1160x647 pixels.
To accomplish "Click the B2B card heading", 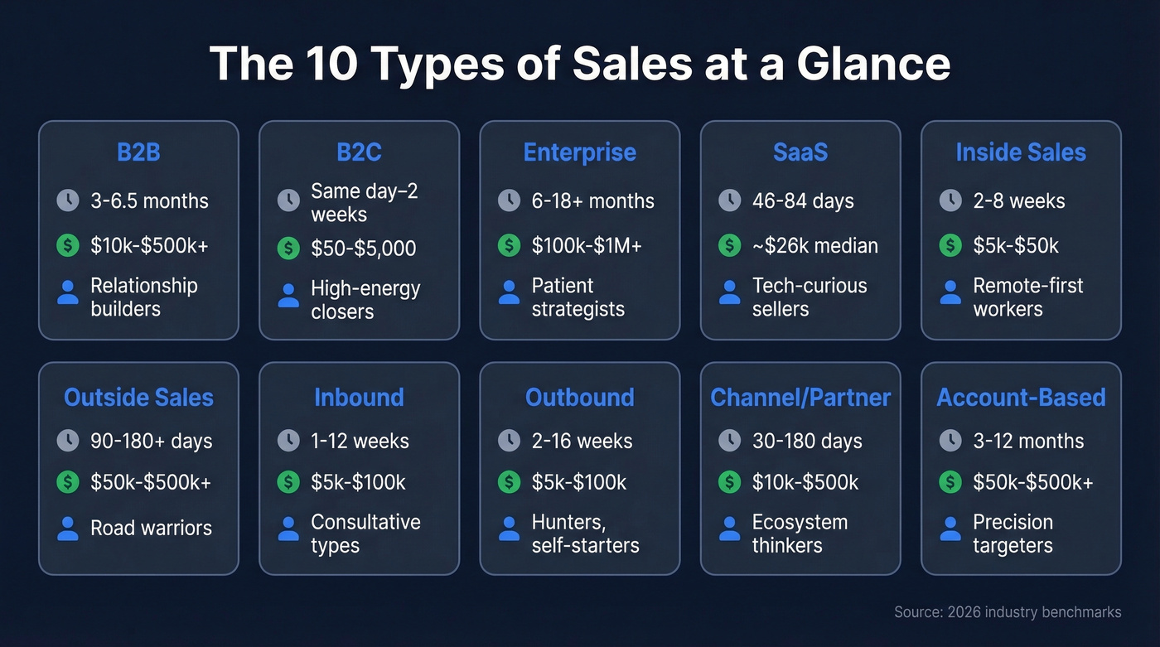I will coord(138,152).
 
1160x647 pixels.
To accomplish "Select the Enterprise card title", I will coord(579,152).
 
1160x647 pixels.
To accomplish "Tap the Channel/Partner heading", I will coord(800,398).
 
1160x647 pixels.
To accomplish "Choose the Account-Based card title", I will coord(1021,398).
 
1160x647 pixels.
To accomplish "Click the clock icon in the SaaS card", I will coord(729,200).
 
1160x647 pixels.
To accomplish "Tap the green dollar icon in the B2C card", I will coord(288,247).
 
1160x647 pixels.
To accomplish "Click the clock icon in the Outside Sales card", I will coord(68,441).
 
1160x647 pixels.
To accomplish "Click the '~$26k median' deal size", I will coord(814,245).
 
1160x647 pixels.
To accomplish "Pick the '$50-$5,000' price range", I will coord(363,248).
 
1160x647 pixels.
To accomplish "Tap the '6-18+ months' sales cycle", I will coord(592,200).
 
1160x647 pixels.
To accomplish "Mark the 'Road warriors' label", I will coord(151,528).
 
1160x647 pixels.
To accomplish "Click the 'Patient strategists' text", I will coord(578,297).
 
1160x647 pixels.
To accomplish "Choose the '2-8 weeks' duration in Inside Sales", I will coord(1019,200).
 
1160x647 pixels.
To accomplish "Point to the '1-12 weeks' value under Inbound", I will coord(360,441).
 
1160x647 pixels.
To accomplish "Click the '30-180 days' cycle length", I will coord(807,441).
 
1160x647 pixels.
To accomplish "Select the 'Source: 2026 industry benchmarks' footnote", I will coord(1008,612).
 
